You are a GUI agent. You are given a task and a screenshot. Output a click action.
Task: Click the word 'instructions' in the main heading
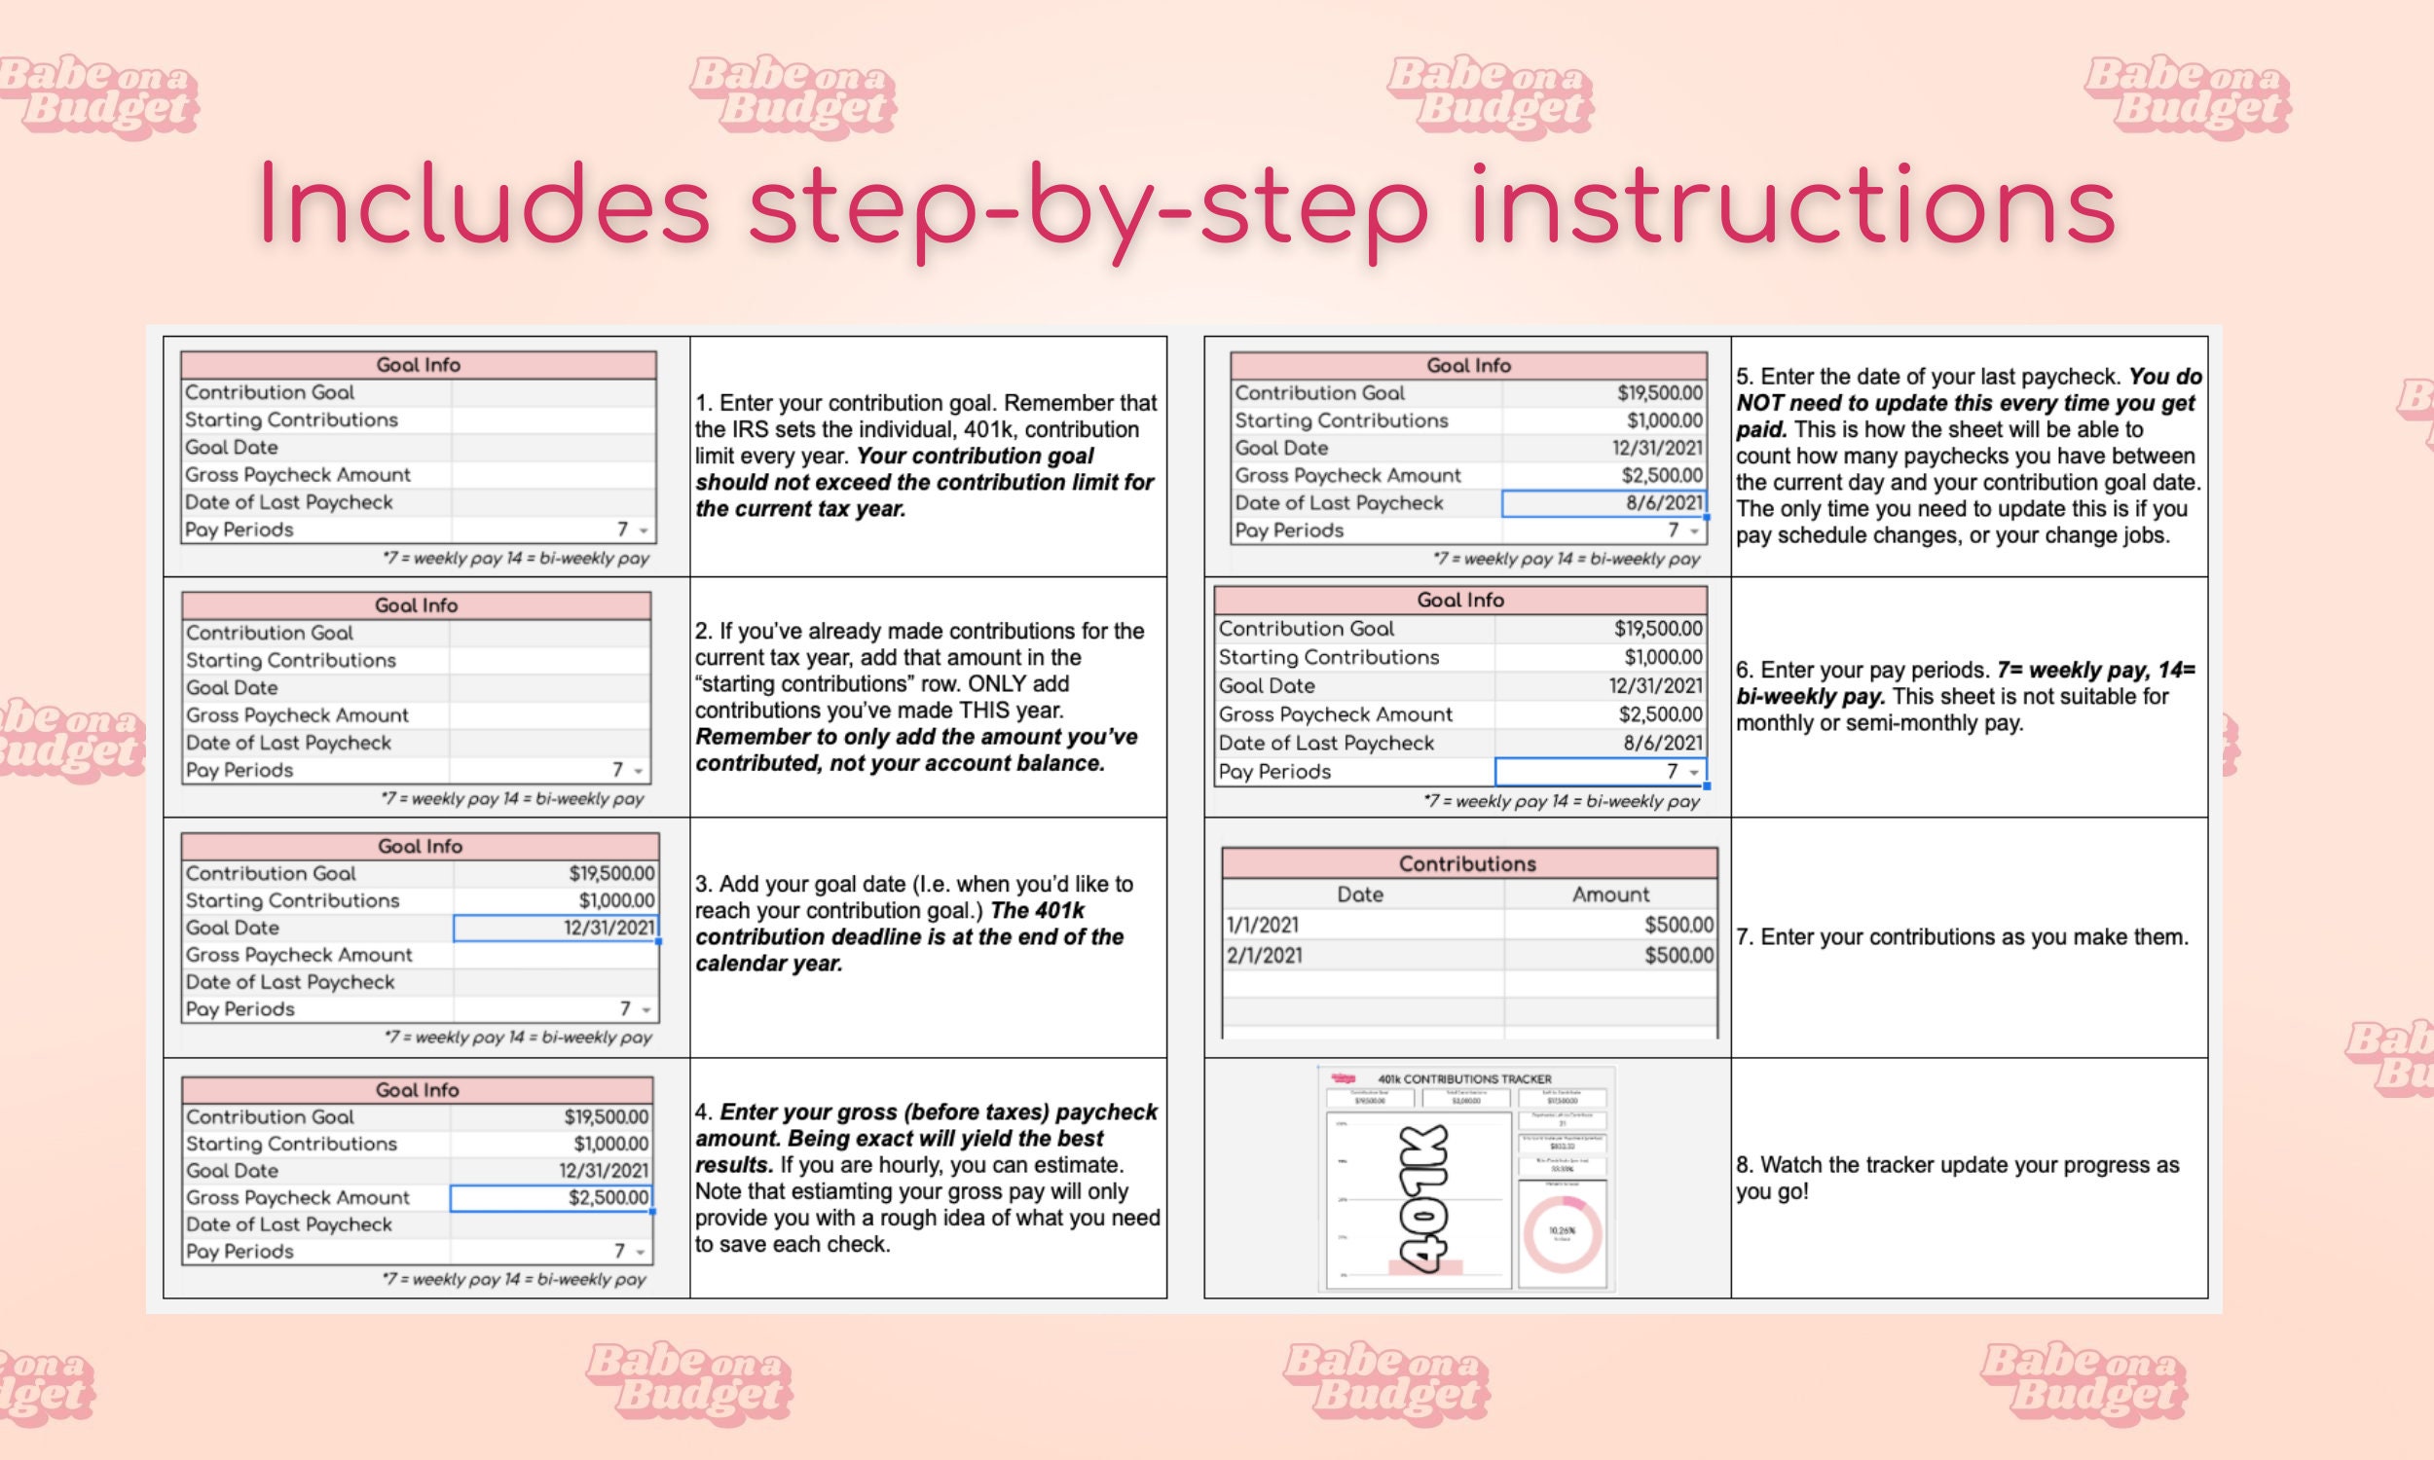click(x=1792, y=206)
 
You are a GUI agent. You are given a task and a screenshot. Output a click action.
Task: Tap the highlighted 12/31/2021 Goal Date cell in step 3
click(x=556, y=928)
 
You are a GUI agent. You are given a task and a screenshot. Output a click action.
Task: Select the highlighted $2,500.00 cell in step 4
click(x=551, y=1197)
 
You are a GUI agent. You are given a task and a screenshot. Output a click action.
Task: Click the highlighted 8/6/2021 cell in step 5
click(x=1604, y=503)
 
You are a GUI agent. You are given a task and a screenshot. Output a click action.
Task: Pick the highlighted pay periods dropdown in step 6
click(x=1600, y=771)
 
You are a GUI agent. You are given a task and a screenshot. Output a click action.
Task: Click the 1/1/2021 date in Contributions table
click(x=1262, y=925)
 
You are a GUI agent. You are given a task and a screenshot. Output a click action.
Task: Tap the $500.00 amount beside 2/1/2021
click(x=1678, y=955)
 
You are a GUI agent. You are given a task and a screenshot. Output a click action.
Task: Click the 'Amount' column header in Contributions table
click(x=1609, y=894)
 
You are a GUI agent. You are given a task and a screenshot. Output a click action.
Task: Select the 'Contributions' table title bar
click(x=1467, y=863)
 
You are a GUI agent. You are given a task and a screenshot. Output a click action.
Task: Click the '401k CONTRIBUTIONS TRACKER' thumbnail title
click(x=1464, y=1079)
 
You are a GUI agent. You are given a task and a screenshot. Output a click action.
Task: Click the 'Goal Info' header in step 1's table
click(x=418, y=365)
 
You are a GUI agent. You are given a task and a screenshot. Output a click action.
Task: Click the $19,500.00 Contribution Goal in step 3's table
click(x=611, y=874)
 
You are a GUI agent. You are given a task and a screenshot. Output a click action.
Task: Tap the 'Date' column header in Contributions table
click(x=1360, y=894)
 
